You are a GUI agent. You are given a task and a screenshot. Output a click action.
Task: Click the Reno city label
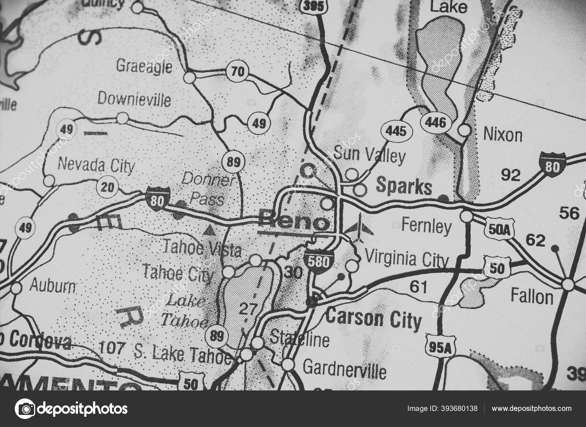(x=294, y=221)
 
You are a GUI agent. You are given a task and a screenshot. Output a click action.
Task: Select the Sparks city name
(x=404, y=187)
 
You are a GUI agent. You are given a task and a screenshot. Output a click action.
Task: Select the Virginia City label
(x=407, y=260)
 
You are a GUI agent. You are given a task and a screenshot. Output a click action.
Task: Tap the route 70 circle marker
(x=237, y=71)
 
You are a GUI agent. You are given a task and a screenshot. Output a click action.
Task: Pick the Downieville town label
(x=134, y=99)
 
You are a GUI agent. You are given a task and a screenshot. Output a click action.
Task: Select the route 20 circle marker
(x=107, y=188)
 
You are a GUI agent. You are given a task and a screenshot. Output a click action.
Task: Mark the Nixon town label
(x=502, y=135)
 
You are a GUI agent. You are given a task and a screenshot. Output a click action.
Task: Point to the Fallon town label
(x=532, y=296)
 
